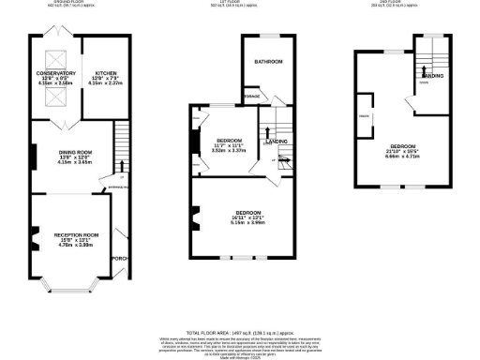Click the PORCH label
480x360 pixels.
point(118,260)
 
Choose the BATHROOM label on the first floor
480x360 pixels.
point(268,61)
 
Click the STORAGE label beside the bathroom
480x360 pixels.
point(251,95)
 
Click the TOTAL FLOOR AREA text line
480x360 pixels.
point(240,333)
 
